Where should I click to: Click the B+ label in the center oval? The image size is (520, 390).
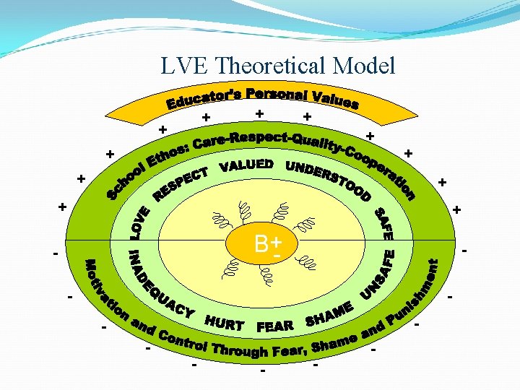267,243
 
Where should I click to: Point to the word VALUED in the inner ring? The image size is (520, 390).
246,165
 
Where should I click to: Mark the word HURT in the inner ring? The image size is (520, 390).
223,323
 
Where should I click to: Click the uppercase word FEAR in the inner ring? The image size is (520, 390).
275,326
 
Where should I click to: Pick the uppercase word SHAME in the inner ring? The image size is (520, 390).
329,314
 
